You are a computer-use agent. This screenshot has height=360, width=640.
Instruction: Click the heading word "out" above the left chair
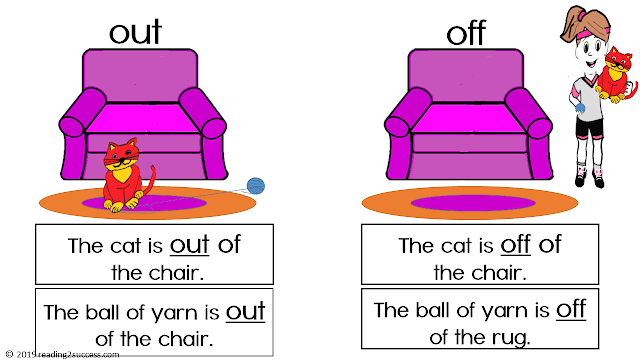[135, 33]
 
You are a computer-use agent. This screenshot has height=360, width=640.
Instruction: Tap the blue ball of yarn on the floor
[257, 184]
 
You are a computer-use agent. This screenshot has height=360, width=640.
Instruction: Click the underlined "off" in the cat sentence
[516, 245]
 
